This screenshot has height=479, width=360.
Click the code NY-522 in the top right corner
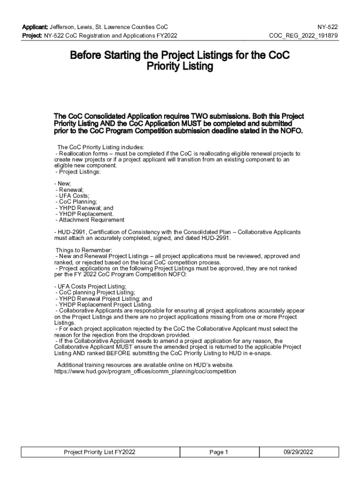(x=328, y=27)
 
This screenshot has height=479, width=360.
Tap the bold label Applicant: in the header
(x=35, y=27)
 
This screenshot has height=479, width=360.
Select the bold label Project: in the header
(x=32, y=36)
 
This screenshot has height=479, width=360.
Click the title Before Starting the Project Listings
(x=180, y=55)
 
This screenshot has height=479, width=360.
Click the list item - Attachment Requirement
(x=90, y=220)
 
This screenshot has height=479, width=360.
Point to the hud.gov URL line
(x=145, y=371)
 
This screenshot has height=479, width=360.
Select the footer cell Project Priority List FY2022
(x=100, y=452)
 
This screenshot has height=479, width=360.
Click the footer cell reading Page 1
(x=218, y=452)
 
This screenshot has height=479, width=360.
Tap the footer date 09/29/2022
(x=298, y=452)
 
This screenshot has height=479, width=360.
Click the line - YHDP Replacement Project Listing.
(x=103, y=305)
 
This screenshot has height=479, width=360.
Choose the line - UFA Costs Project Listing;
(x=90, y=286)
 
